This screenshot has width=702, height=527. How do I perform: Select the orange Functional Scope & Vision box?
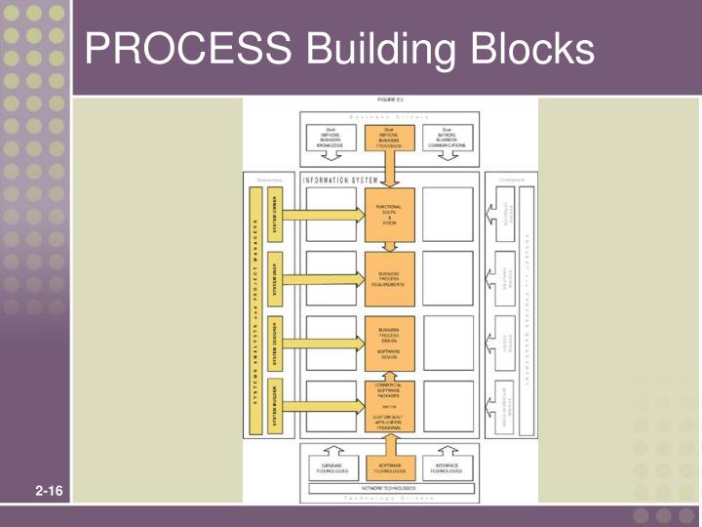[389, 215]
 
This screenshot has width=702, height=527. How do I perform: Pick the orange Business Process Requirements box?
[389, 279]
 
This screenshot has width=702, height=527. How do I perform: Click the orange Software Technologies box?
[389, 467]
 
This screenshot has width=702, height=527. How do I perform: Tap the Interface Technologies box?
[448, 467]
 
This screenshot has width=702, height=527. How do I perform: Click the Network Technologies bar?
[389, 487]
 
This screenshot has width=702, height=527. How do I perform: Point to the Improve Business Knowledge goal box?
[331, 138]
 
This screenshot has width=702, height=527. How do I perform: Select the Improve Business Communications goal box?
[448, 138]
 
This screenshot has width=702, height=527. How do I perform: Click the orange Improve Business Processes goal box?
[389, 138]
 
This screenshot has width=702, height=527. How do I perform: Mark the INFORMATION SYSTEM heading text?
[340, 181]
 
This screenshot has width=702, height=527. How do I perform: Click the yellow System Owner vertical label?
[275, 214]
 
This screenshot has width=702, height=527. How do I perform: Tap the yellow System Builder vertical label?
[275, 405]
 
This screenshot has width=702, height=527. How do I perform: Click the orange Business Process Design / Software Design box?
[389, 343]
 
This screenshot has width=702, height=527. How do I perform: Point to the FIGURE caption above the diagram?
[389, 101]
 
